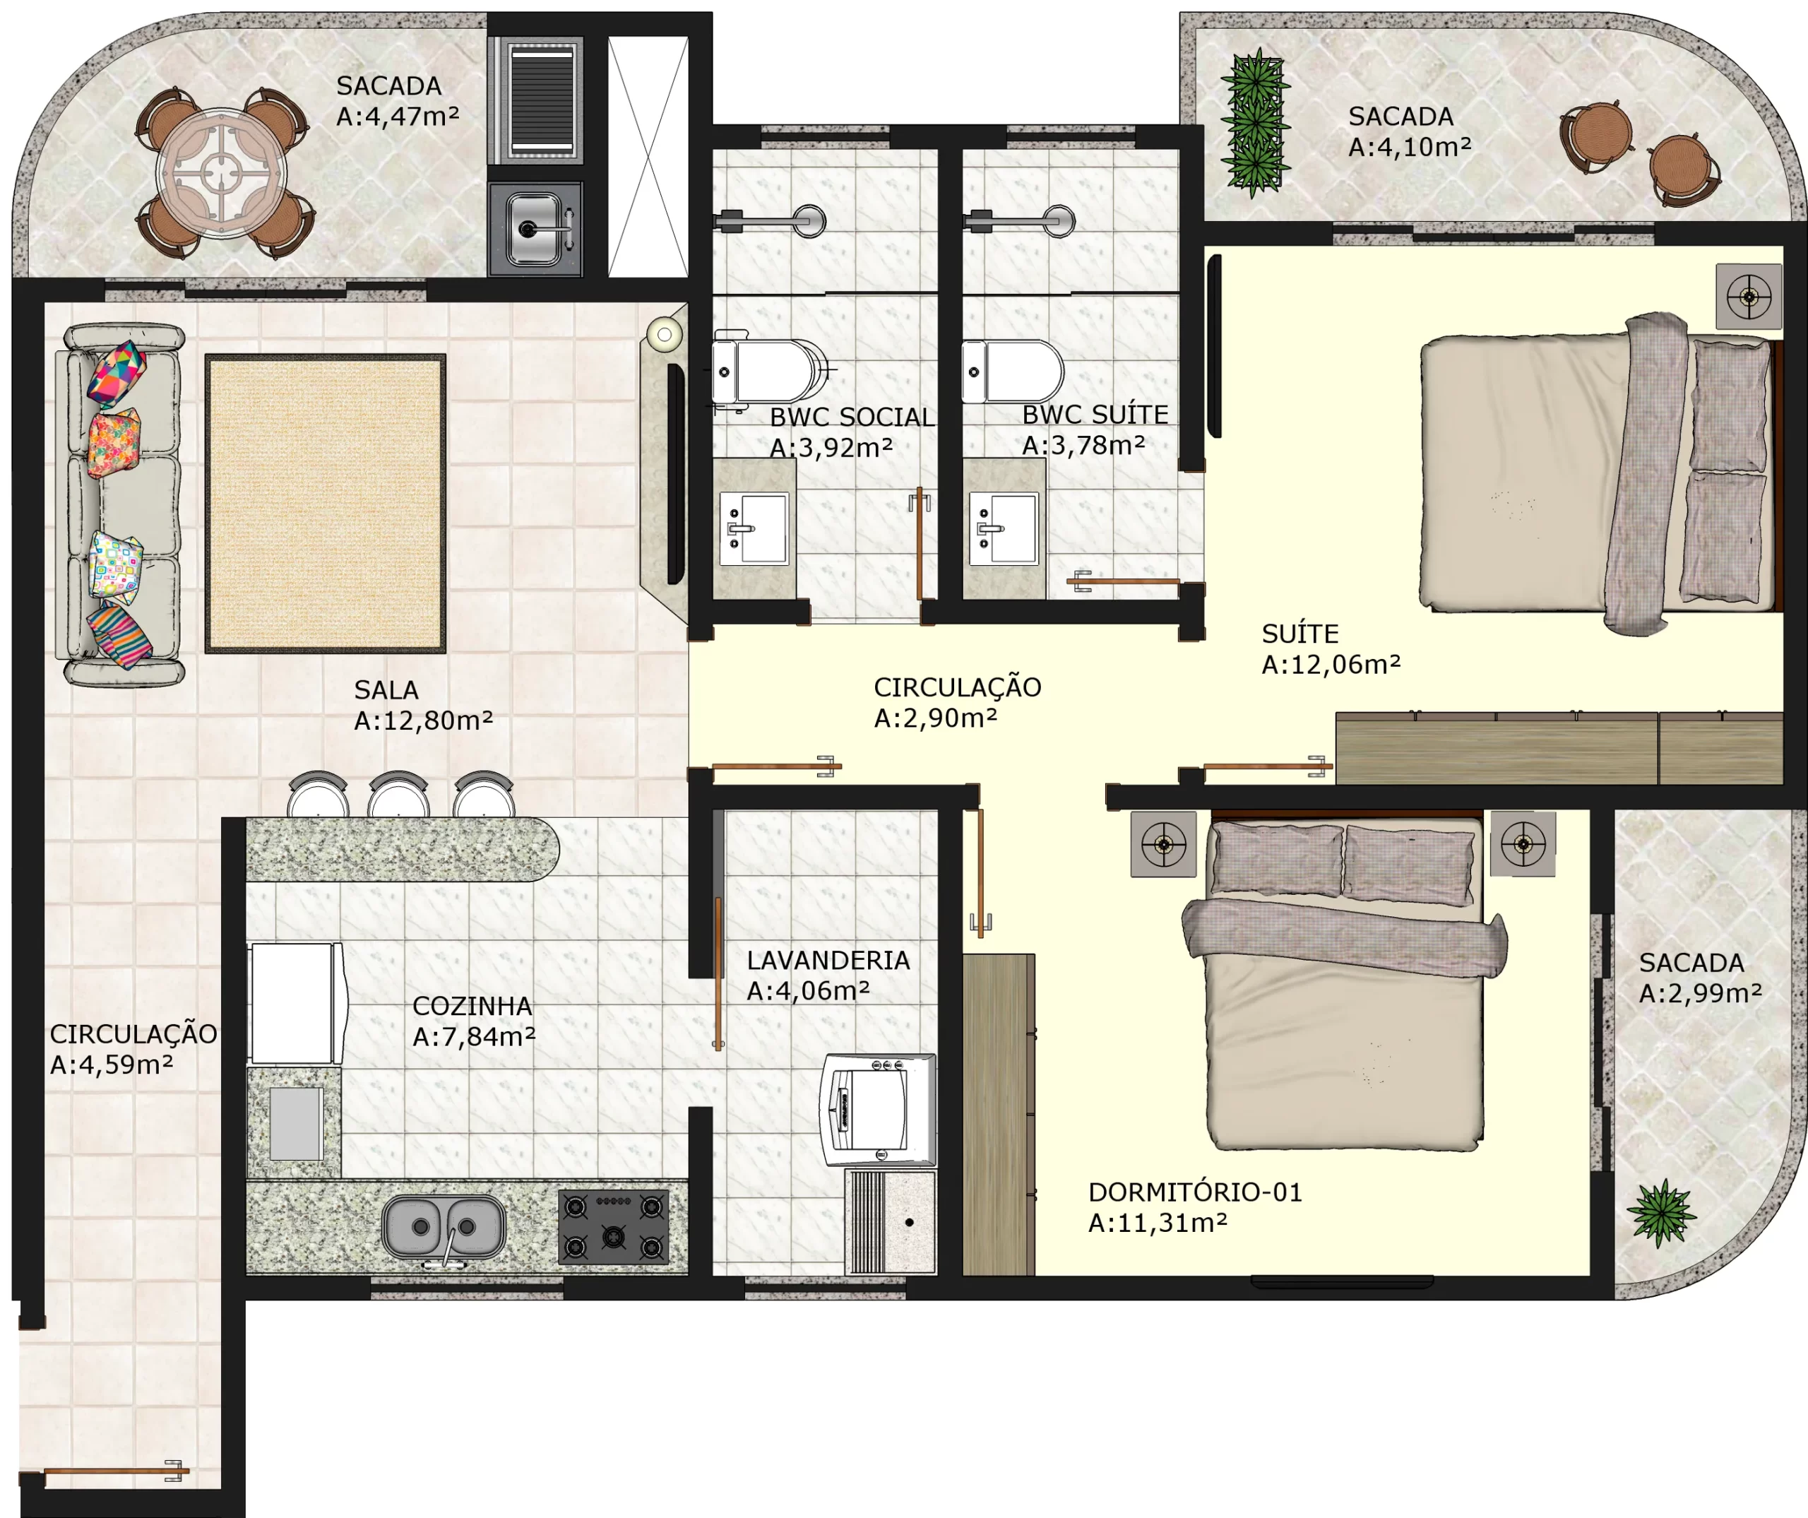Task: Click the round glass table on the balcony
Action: click(222, 172)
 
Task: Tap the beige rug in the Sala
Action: click(326, 504)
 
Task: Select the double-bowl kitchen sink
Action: click(444, 1226)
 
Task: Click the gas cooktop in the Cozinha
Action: click(614, 1227)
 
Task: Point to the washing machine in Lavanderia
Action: click(877, 1110)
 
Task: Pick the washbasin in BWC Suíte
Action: click(1003, 528)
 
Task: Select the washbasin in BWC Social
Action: click(754, 528)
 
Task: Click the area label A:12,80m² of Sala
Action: click(424, 720)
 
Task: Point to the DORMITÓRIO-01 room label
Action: click(1195, 1192)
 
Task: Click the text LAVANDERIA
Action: click(828, 960)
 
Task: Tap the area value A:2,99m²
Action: click(1701, 994)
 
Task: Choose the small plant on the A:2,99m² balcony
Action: click(1662, 1212)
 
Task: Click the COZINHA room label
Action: click(472, 1006)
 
